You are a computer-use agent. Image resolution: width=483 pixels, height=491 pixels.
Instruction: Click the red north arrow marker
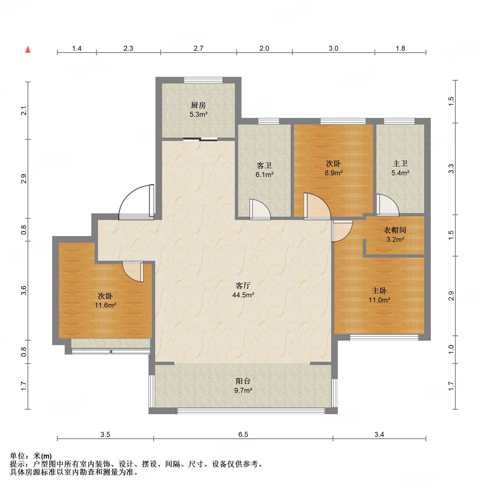[28, 49]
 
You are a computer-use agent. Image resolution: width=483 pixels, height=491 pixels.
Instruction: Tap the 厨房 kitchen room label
[198, 105]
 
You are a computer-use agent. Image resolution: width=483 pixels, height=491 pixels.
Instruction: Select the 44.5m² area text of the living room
[243, 295]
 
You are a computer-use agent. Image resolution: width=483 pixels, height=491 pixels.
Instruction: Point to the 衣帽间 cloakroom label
[395, 230]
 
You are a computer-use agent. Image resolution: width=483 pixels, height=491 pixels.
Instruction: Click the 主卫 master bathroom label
[400, 163]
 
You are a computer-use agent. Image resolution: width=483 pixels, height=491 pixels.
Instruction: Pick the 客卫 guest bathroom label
[264, 165]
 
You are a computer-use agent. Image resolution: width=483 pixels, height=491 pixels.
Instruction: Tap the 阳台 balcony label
[243, 381]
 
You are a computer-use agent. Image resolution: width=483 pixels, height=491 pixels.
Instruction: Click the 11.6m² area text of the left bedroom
[105, 305]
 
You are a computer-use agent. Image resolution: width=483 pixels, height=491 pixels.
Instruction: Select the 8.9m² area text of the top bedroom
[334, 173]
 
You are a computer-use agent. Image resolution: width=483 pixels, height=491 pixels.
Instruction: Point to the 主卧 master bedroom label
[379, 290]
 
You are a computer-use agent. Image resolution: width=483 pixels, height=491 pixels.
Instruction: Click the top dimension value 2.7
[198, 48]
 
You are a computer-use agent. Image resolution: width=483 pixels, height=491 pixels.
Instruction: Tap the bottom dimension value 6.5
[243, 434]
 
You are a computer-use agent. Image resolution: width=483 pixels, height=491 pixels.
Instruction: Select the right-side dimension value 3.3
[451, 169]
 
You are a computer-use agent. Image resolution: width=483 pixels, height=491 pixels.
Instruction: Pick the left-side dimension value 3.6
[24, 290]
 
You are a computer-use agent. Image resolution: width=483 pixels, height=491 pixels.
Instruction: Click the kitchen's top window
[203, 80]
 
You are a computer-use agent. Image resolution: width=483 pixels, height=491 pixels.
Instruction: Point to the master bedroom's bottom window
[384, 337]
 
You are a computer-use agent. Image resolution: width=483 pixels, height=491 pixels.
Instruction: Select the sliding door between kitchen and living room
[200, 139]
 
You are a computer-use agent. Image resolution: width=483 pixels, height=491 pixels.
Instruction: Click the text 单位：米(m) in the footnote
[31, 456]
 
